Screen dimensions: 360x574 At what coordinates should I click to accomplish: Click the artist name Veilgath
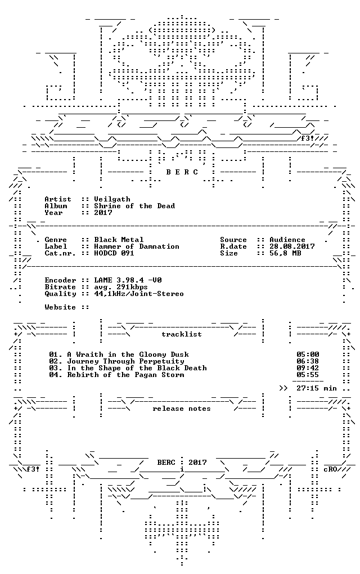pos(112,199)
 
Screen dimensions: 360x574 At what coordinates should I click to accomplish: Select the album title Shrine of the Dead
pos(134,206)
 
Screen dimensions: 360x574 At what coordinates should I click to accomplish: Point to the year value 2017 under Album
pos(103,212)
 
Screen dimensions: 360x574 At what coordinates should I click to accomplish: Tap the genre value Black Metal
pos(119,240)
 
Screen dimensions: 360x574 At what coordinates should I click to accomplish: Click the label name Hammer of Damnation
pos(137,246)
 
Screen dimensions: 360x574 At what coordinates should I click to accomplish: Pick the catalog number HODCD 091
pos(114,253)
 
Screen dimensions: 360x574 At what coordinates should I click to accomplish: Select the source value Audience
pos(287,240)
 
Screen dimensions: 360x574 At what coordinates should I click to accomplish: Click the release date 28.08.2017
pos(292,246)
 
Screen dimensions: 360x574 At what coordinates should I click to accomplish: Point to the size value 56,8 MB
pos(285,253)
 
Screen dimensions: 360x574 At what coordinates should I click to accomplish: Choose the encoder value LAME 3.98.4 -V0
pos(128,280)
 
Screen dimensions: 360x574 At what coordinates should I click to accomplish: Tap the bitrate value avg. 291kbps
pos(121,287)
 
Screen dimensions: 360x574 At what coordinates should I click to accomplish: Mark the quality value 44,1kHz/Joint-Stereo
pos(139,294)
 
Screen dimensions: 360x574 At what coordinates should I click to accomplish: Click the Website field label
pos(60,307)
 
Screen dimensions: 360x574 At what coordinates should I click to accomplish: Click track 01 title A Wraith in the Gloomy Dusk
pos(128,355)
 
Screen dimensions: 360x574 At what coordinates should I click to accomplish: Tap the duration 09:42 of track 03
pos(308,368)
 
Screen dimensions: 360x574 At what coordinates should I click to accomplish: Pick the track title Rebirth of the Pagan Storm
pos(125,374)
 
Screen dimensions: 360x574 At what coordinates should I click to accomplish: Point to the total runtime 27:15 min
pos(317,388)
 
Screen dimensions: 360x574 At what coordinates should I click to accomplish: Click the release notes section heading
pos(182,409)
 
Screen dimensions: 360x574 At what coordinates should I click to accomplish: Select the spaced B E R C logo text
pos(182,172)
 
